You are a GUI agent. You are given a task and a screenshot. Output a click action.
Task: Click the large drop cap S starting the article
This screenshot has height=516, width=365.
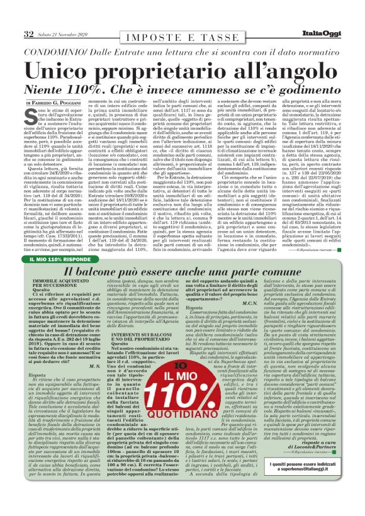tap(31, 115)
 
